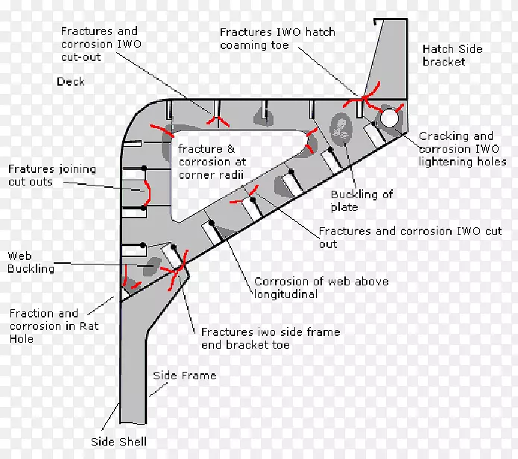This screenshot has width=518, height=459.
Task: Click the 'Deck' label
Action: pos(70,81)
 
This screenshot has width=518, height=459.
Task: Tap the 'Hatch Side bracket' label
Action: pos(452,55)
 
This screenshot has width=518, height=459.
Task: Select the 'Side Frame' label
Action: pos(184,376)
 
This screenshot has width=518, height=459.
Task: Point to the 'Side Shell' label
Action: pos(120,442)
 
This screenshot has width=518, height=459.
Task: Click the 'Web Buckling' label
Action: pos(31,262)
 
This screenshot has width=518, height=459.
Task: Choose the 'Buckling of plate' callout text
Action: pos(361,200)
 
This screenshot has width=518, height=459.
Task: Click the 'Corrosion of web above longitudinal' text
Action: pos(320,288)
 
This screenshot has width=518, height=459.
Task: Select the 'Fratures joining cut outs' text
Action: pos(52,175)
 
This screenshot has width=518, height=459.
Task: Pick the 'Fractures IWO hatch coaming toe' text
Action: pos(277,39)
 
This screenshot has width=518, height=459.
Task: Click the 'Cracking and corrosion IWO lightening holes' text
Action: pos(462,149)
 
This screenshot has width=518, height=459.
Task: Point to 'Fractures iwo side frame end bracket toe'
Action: pos(270,339)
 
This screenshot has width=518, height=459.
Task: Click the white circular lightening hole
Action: pos(389,117)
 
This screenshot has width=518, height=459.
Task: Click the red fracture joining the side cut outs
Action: pos(148,192)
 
